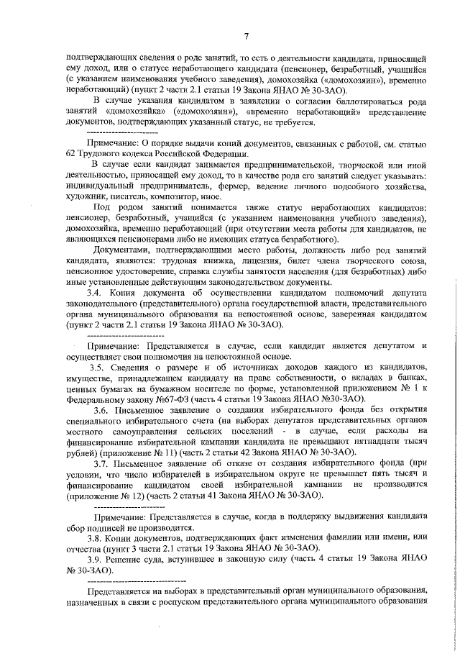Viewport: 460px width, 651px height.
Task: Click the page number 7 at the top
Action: tap(246, 37)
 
